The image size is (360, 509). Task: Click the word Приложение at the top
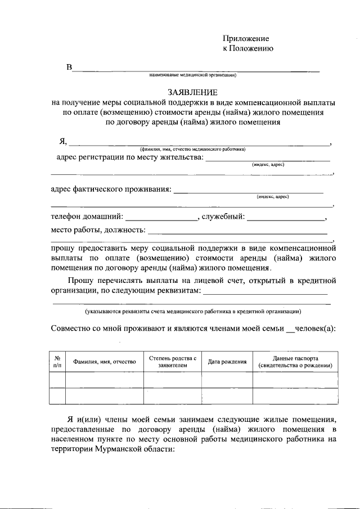tap(246, 38)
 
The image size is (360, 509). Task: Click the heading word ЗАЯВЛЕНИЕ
tap(192, 92)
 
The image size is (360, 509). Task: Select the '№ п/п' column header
tap(57, 362)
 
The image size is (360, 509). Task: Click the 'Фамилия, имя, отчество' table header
tap(105, 362)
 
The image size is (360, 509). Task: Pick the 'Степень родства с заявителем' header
tap(173, 362)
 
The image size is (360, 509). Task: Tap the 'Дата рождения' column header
tap(227, 362)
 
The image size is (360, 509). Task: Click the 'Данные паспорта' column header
tap(295, 362)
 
